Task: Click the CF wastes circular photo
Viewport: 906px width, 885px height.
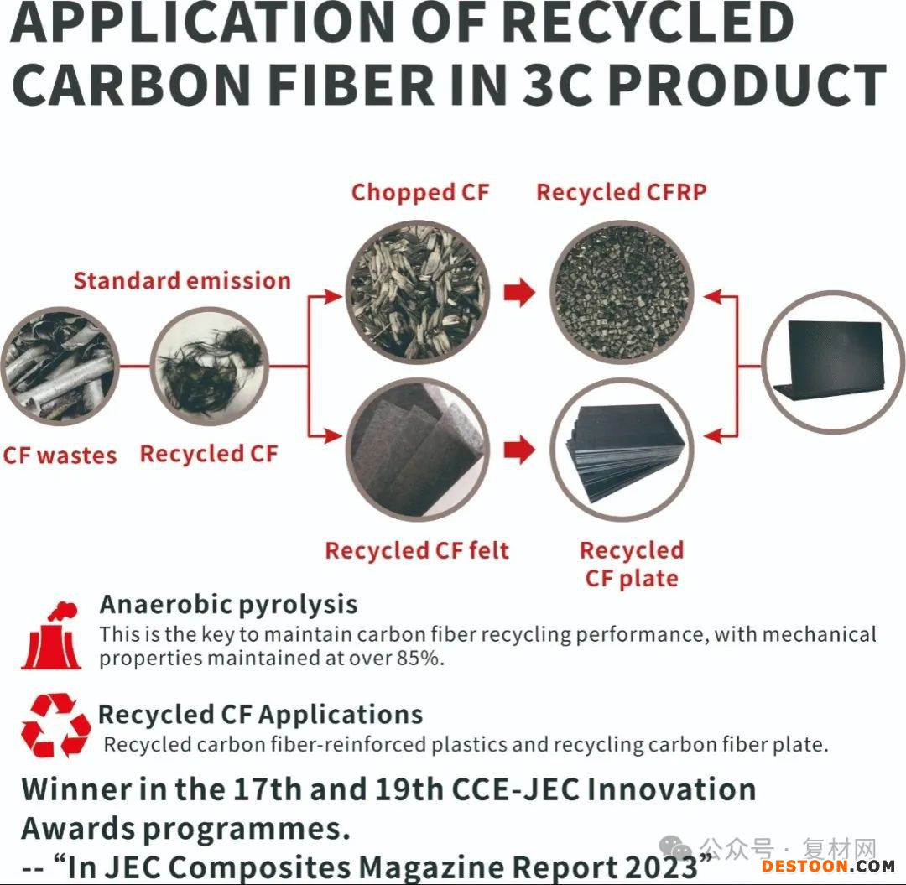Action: [60, 367]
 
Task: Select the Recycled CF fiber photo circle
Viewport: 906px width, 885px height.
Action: [209, 367]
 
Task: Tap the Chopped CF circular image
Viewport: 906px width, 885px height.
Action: [417, 292]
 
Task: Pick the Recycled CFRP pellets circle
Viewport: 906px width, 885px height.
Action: [622, 292]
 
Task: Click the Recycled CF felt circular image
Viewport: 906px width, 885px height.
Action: [417, 450]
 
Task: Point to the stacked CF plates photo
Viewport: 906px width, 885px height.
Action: [622, 450]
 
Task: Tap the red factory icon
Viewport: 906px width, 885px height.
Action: [51, 636]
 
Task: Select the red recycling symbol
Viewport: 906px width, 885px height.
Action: [55, 725]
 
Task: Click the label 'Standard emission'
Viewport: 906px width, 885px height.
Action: [182, 281]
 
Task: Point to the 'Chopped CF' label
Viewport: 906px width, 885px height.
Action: [420, 193]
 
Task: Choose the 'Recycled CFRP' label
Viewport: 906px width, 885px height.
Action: [621, 193]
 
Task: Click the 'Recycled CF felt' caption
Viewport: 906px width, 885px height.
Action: [417, 550]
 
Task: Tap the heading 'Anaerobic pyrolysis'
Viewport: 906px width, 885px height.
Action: [228, 605]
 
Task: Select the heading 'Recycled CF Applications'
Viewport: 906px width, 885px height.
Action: [261, 715]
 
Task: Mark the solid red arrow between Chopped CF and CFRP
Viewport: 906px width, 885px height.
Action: [519, 292]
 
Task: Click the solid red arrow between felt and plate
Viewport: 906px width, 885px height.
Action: [519, 450]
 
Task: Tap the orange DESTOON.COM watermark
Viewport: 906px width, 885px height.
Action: [828, 866]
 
